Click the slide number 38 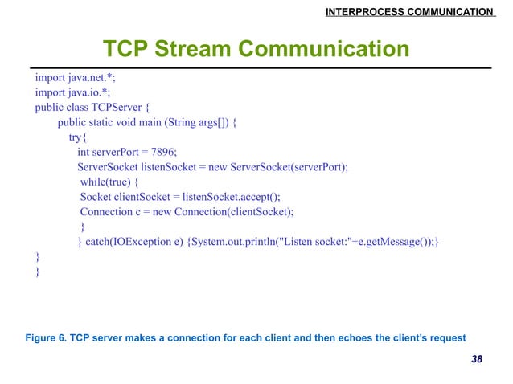477,358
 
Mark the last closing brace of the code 36,272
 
